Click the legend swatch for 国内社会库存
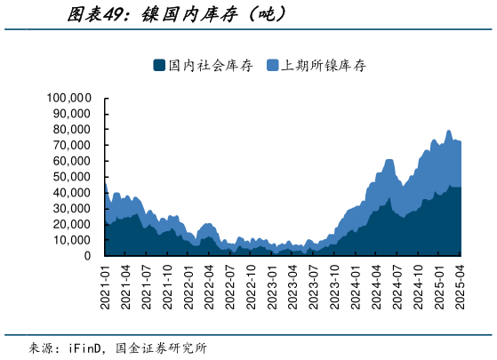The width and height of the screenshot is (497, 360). click(159, 65)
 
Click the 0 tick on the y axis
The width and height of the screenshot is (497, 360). click(87, 256)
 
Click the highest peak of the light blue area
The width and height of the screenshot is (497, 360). click(448, 131)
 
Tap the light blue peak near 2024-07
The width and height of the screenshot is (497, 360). click(389, 160)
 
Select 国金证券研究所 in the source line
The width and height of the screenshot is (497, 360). click(165, 348)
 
